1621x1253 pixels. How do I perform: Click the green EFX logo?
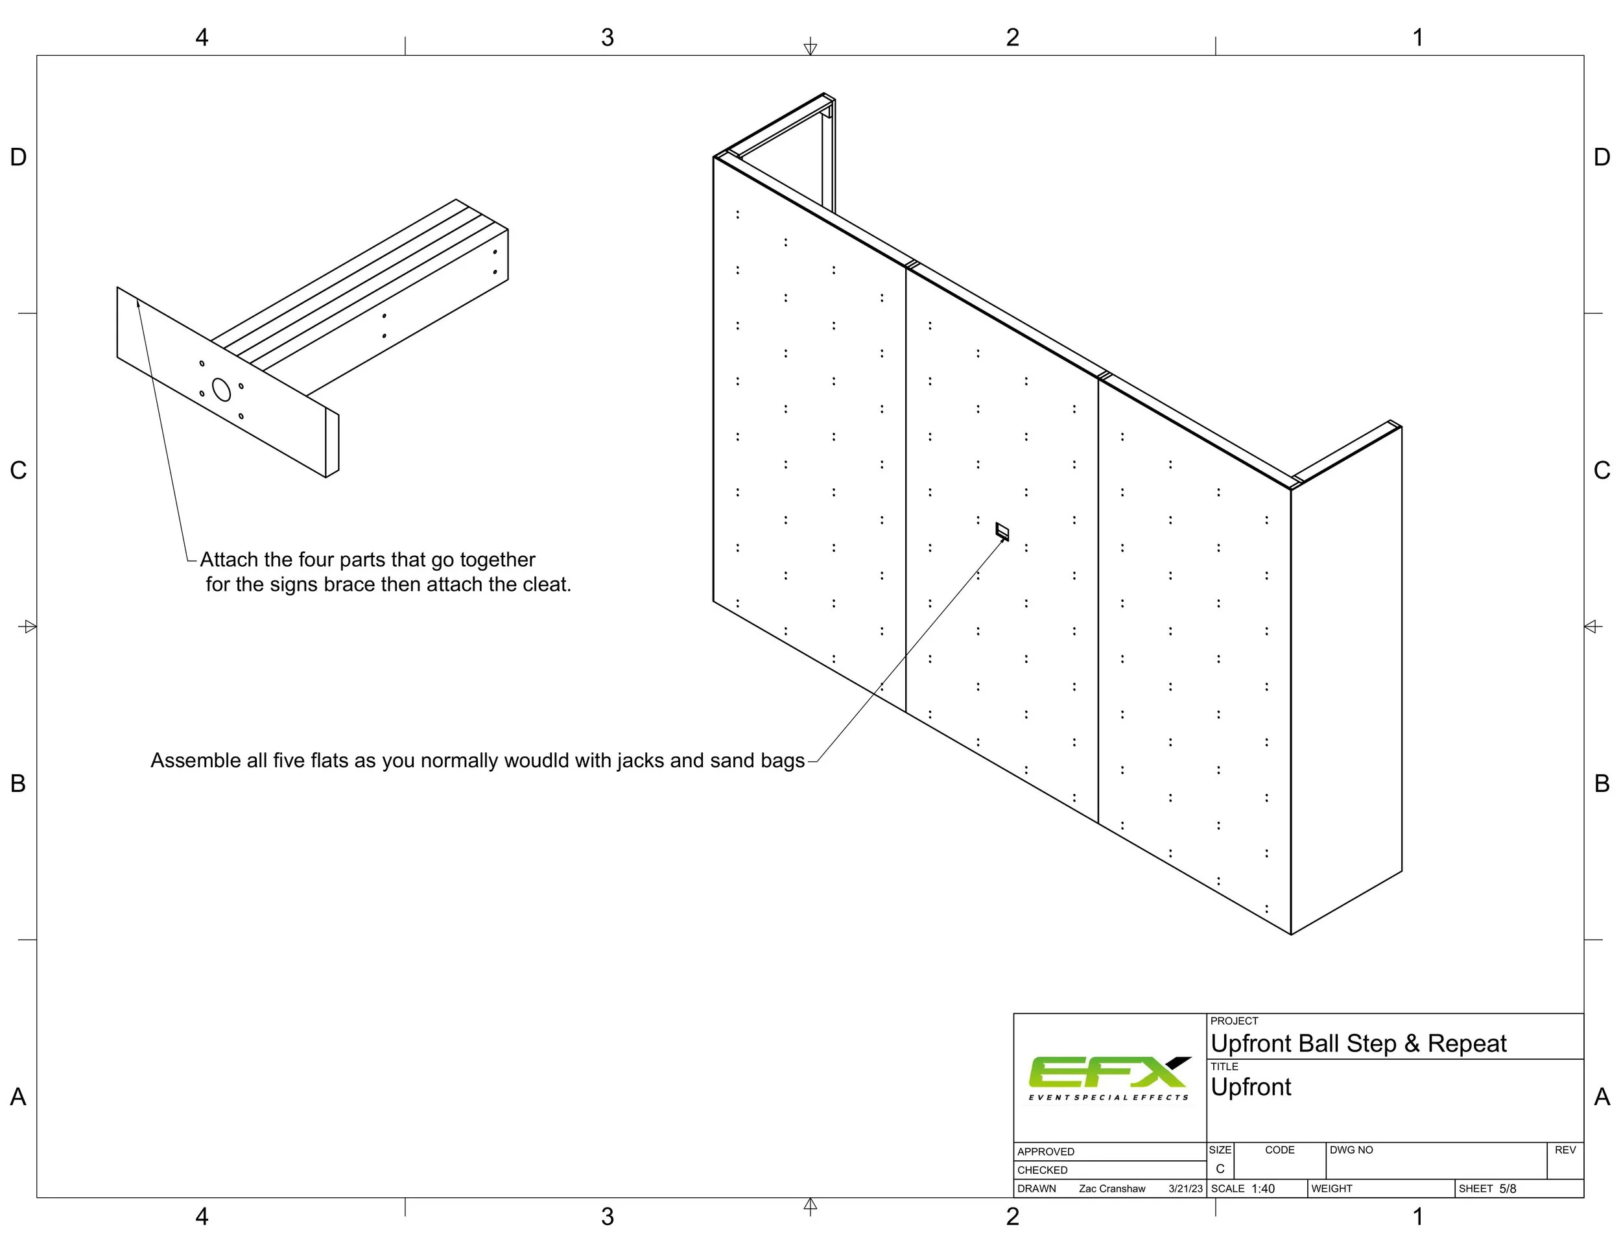click(1109, 1077)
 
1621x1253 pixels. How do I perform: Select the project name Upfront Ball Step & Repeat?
click(1358, 1044)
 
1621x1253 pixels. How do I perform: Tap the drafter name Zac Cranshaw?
click(1112, 1188)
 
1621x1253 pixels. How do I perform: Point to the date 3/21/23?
click(1185, 1188)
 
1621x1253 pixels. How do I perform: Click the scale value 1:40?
click(1263, 1188)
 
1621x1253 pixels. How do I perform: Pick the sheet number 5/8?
click(1508, 1188)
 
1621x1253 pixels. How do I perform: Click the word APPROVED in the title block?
click(1046, 1151)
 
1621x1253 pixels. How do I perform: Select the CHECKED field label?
click(1042, 1170)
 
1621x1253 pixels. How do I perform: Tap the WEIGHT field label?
click(1332, 1188)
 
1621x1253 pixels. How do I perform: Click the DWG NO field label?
click(1351, 1150)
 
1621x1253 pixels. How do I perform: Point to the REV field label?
click(1565, 1150)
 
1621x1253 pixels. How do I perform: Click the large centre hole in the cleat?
click(221, 390)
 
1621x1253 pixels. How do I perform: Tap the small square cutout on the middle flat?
click(1002, 531)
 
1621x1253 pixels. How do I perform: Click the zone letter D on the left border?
click(19, 158)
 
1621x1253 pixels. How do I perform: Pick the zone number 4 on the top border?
click(202, 37)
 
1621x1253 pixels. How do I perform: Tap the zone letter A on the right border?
click(1602, 1096)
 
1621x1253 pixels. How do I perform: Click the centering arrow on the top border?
click(810, 46)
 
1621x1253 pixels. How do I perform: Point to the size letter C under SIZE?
click(1220, 1169)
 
